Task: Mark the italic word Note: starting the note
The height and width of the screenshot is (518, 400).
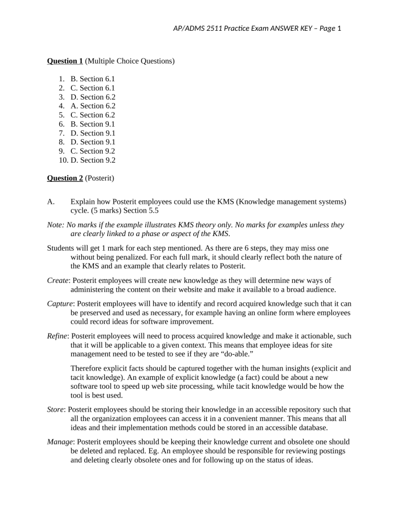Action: pos(56,225)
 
